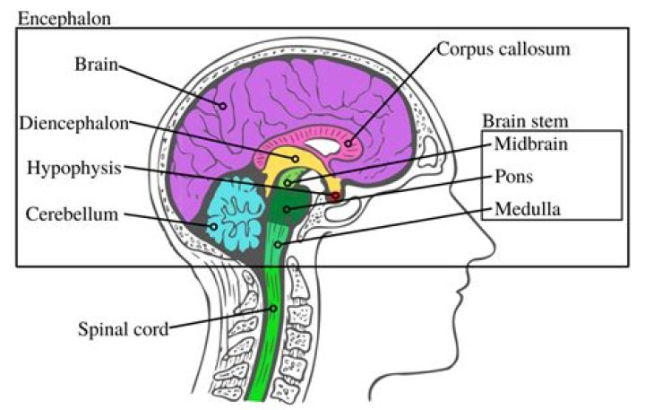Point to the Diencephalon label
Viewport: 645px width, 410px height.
point(77,123)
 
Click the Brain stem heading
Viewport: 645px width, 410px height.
point(526,121)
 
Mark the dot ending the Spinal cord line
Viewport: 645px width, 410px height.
point(276,308)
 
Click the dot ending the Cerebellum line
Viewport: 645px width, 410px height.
point(214,227)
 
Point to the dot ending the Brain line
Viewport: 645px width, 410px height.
point(222,106)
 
